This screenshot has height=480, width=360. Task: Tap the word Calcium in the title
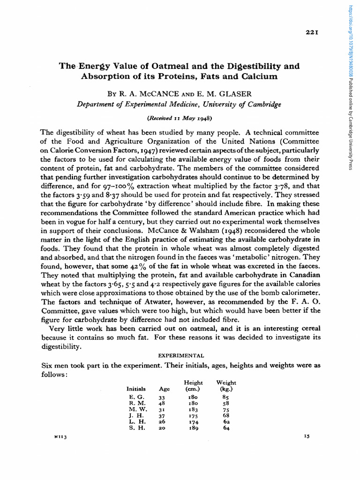coord(259,76)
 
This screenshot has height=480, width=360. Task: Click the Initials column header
coord(136,389)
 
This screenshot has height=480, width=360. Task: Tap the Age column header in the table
coord(165,389)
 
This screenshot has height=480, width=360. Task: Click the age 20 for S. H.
coord(163,427)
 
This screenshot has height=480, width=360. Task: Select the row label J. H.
coord(135,415)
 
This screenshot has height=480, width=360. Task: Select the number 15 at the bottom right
coord(307,436)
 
